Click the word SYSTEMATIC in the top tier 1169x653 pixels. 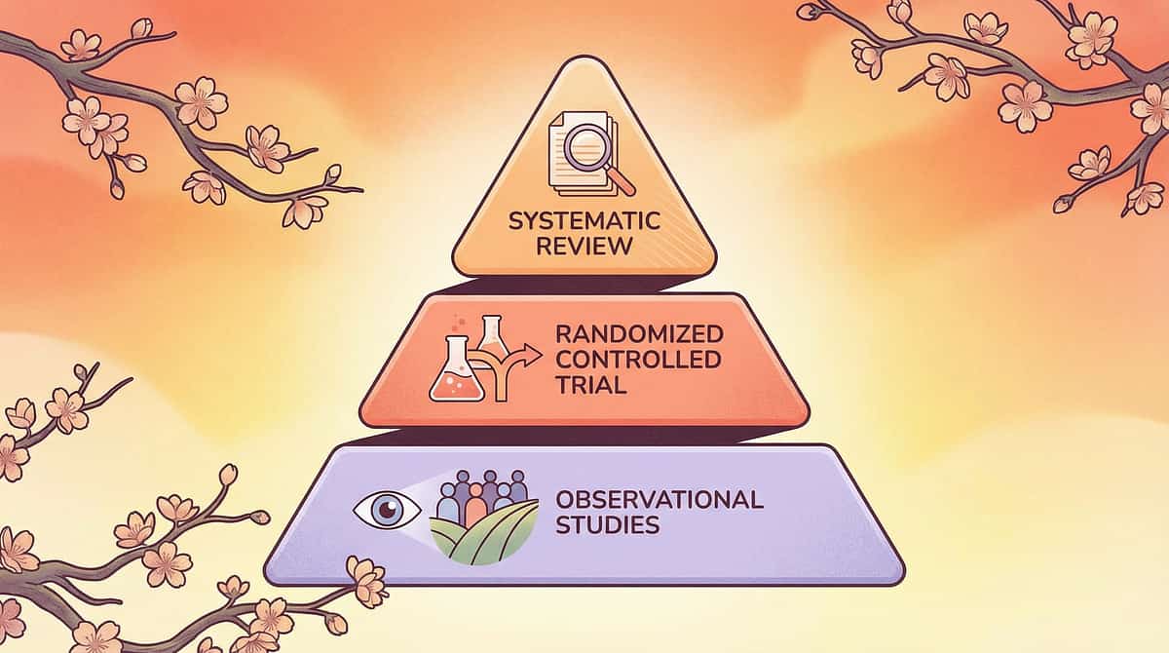pyautogui.click(x=584, y=221)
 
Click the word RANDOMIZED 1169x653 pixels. pyautogui.click(x=639, y=334)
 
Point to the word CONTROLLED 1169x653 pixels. pyautogui.click(x=639, y=360)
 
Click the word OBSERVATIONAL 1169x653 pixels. pyautogui.click(x=659, y=501)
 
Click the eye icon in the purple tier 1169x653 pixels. pyautogui.click(x=388, y=509)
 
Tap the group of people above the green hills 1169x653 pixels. pyautogui.click(x=483, y=494)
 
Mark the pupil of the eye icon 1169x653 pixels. pyautogui.click(x=388, y=509)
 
